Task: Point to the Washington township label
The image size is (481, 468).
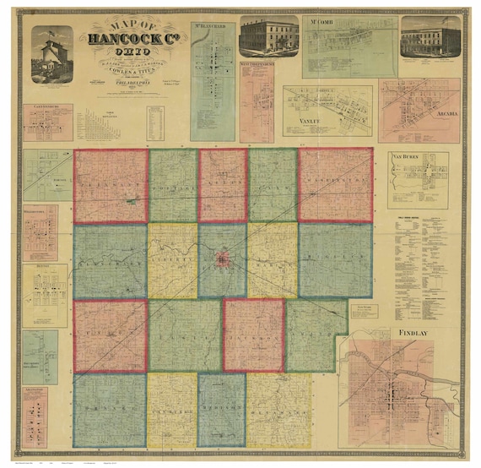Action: (335, 180)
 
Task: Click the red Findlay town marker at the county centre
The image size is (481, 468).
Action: (223, 259)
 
